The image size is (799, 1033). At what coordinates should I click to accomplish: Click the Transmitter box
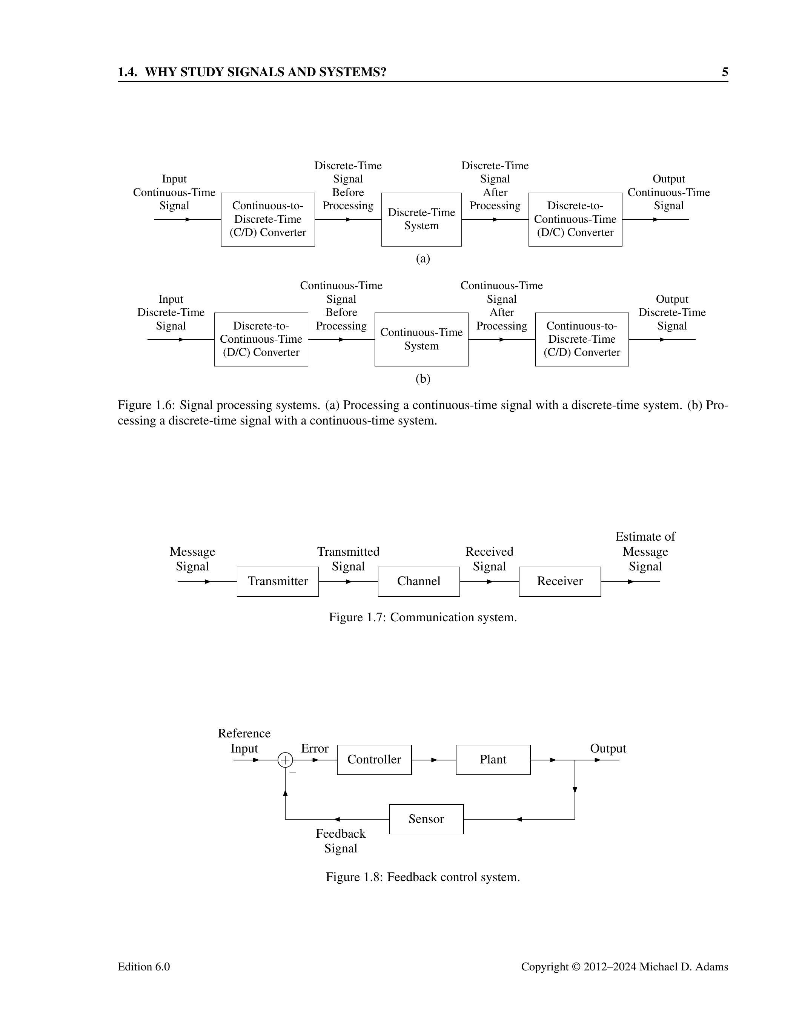[278, 581]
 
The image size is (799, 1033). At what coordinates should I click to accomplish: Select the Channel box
[418, 581]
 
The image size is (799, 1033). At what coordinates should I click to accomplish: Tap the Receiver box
[559, 581]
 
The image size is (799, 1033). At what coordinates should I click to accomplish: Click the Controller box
[374, 760]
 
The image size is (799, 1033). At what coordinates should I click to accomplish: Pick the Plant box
[493, 760]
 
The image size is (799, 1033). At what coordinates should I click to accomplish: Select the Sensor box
[426, 819]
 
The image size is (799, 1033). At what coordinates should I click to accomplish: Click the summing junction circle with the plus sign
[285, 760]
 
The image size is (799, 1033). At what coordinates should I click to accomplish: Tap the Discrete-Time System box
[421, 219]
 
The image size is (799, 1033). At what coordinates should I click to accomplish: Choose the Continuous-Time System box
[421, 339]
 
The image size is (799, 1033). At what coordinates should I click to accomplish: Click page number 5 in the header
[725, 72]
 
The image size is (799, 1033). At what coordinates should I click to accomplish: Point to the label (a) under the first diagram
[423, 259]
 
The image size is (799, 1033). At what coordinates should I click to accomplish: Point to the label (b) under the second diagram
[423, 379]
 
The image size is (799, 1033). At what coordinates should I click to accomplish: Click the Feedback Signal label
[340, 841]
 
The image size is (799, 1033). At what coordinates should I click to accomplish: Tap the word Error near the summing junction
[314, 748]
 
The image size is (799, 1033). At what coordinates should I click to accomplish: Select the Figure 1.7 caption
[423, 617]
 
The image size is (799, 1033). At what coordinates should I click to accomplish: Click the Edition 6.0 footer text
[143, 967]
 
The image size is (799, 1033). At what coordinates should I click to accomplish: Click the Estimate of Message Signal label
[645, 552]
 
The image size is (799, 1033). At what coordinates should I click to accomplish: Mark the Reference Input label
[244, 741]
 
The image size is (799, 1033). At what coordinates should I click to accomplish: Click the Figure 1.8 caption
[423, 877]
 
